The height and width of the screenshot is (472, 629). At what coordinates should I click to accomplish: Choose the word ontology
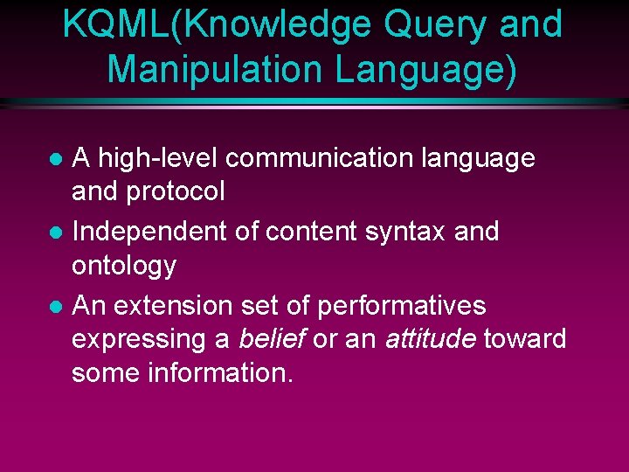point(123,266)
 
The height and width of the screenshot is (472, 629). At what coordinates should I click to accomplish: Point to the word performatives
point(401,306)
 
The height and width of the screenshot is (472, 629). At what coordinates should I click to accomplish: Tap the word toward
point(525,339)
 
